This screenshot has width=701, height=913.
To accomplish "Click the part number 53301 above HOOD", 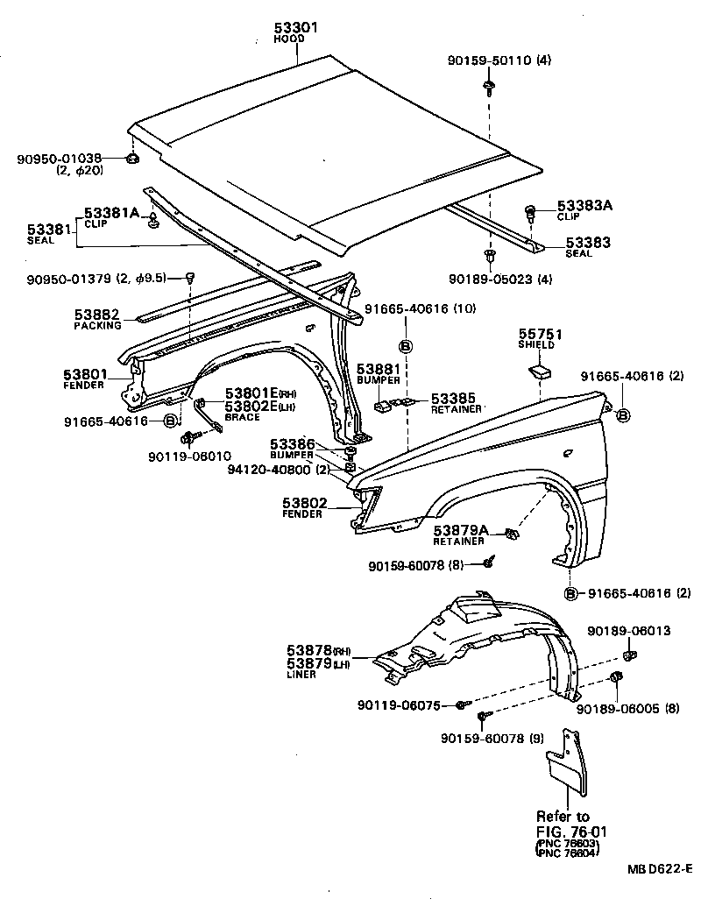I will click(x=294, y=29).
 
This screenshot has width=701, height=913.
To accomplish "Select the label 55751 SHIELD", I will click(x=541, y=339).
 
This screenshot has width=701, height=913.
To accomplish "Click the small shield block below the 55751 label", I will click(x=541, y=372).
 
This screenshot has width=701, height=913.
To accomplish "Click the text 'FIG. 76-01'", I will click(x=564, y=831).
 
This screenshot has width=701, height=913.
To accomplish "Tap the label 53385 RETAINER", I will click(x=455, y=403).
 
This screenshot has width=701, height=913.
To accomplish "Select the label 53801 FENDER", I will click(x=84, y=379).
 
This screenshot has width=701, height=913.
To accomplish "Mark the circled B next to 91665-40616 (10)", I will click(x=406, y=345).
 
